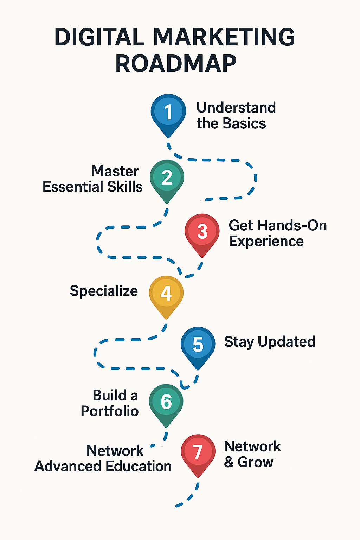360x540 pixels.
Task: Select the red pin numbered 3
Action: (x=202, y=232)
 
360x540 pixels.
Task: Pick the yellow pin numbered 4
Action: (x=166, y=293)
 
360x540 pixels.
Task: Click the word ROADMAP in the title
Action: (x=176, y=64)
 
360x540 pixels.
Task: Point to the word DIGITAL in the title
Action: (x=99, y=37)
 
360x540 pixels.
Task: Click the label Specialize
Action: (x=104, y=291)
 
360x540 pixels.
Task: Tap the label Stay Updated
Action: (x=270, y=342)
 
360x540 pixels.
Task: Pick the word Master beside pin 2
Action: (x=115, y=171)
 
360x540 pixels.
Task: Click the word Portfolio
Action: (x=110, y=411)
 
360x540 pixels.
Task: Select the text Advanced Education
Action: (x=103, y=466)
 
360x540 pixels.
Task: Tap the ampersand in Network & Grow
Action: (x=229, y=462)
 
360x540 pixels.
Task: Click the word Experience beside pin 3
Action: (x=266, y=242)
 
